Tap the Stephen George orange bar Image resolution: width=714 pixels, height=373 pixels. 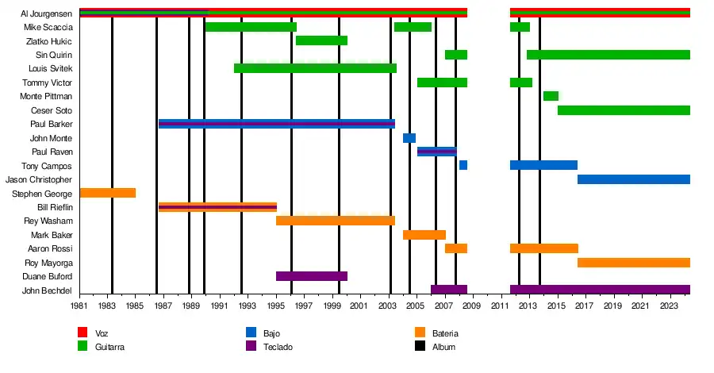click(x=108, y=193)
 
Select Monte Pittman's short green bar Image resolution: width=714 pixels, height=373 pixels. click(x=551, y=96)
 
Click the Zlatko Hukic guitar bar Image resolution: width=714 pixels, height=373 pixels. click(x=321, y=40)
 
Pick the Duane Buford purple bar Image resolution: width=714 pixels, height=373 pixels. click(x=312, y=276)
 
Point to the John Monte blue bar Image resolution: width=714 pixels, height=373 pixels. click(x=409, y=138)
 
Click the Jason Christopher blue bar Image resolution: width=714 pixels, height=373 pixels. click(x=634, y=179)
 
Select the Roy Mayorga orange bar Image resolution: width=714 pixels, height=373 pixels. click(x=634, y=263)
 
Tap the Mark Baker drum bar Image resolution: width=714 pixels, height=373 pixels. click(x=424, y=235)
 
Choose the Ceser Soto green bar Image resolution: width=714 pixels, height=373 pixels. click(x=624, y=110)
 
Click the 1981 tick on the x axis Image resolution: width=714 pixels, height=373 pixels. click(x=80, y=306)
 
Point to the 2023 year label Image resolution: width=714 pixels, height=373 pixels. click(x=670, y=306)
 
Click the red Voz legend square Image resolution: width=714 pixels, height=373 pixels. click(x=83, y=333)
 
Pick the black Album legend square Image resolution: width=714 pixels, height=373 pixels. click(x=420, y=346)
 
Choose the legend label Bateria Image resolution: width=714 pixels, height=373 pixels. click(x=445, y=333)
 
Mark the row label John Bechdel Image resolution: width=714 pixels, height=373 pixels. click(x=48, y=290)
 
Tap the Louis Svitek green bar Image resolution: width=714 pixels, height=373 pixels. click(x=315, y=68)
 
